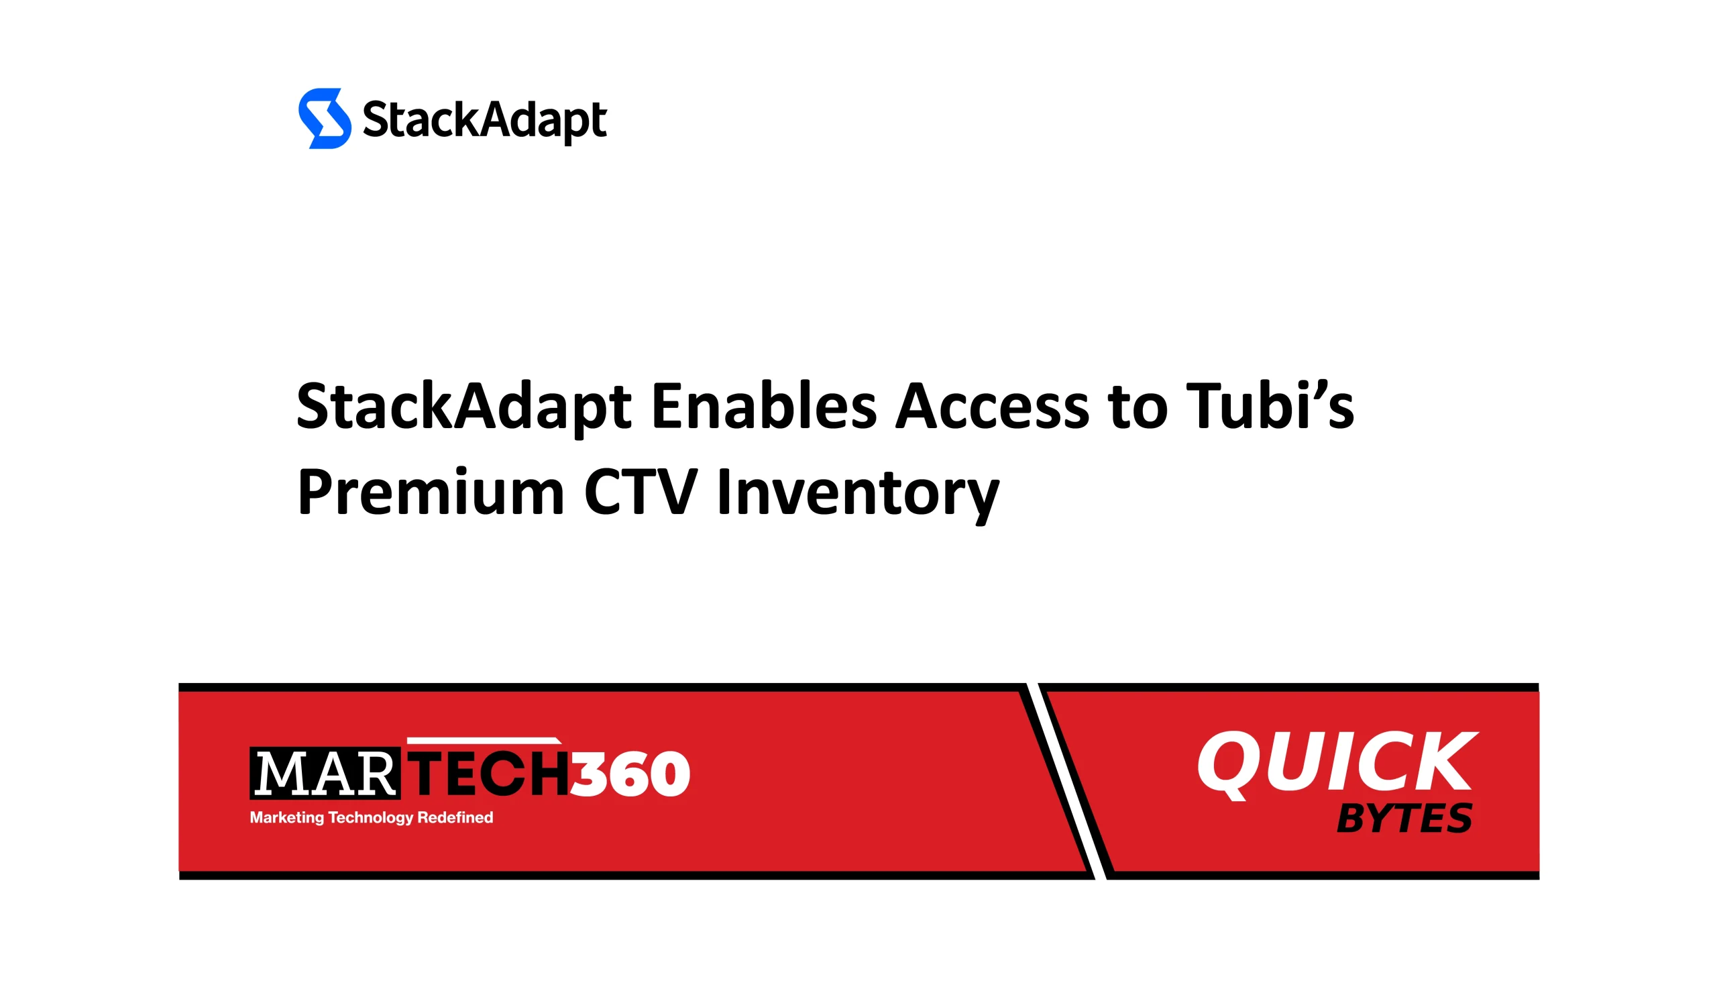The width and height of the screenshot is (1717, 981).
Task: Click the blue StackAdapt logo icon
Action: tap(325, 118)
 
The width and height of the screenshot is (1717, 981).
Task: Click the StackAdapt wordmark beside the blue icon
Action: tap(484, 121)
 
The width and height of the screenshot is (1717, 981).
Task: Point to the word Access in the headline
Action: tap(992, 406)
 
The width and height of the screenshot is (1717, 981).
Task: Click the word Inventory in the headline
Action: tap(857, 495)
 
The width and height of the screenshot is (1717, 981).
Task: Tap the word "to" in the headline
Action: tap(1137, 407)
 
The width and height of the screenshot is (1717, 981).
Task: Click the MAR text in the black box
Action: tap(325, 774)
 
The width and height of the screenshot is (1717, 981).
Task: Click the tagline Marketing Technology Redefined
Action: tap(371, 817)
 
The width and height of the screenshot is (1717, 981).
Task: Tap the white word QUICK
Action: tap(1337, 764)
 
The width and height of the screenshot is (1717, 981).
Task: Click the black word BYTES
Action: tap(1403, 818)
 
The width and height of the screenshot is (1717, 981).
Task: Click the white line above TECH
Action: tap(484, 741)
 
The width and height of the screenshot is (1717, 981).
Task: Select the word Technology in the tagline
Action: tap(370, 818)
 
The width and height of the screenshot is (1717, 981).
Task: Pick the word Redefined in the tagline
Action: tap(455, 817)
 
